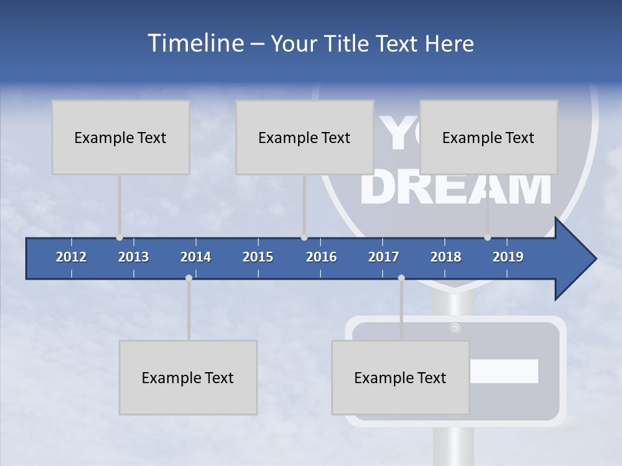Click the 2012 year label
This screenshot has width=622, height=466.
pos(71,257)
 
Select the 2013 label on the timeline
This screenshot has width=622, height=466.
pos(133,257)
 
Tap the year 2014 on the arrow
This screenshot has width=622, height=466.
pos(196,257)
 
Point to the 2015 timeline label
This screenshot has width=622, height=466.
pos(258,257)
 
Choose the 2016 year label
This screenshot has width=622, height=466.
pos(321,257)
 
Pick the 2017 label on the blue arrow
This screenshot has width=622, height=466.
pos(384,257)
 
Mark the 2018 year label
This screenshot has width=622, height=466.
pos(446,257)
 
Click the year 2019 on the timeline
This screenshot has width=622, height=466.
pos(508,257)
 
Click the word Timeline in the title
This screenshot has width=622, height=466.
pos(194,43)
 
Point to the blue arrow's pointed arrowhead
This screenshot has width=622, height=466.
pos(577,259)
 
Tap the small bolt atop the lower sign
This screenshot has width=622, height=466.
pos(455,327)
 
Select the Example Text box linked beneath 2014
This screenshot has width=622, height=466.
pos(188,377)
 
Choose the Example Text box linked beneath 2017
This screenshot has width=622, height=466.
pos(400,377)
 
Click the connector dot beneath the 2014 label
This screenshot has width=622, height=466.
pos(189,278)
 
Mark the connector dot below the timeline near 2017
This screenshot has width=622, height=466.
pos(401,278)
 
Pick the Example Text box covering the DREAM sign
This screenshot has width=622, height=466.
pos(489,137)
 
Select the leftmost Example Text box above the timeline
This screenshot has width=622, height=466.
pos(121,137)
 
